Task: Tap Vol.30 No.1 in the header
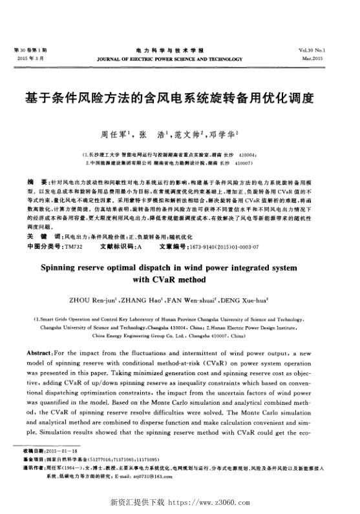pyautogui.click(x=329, y=50)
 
